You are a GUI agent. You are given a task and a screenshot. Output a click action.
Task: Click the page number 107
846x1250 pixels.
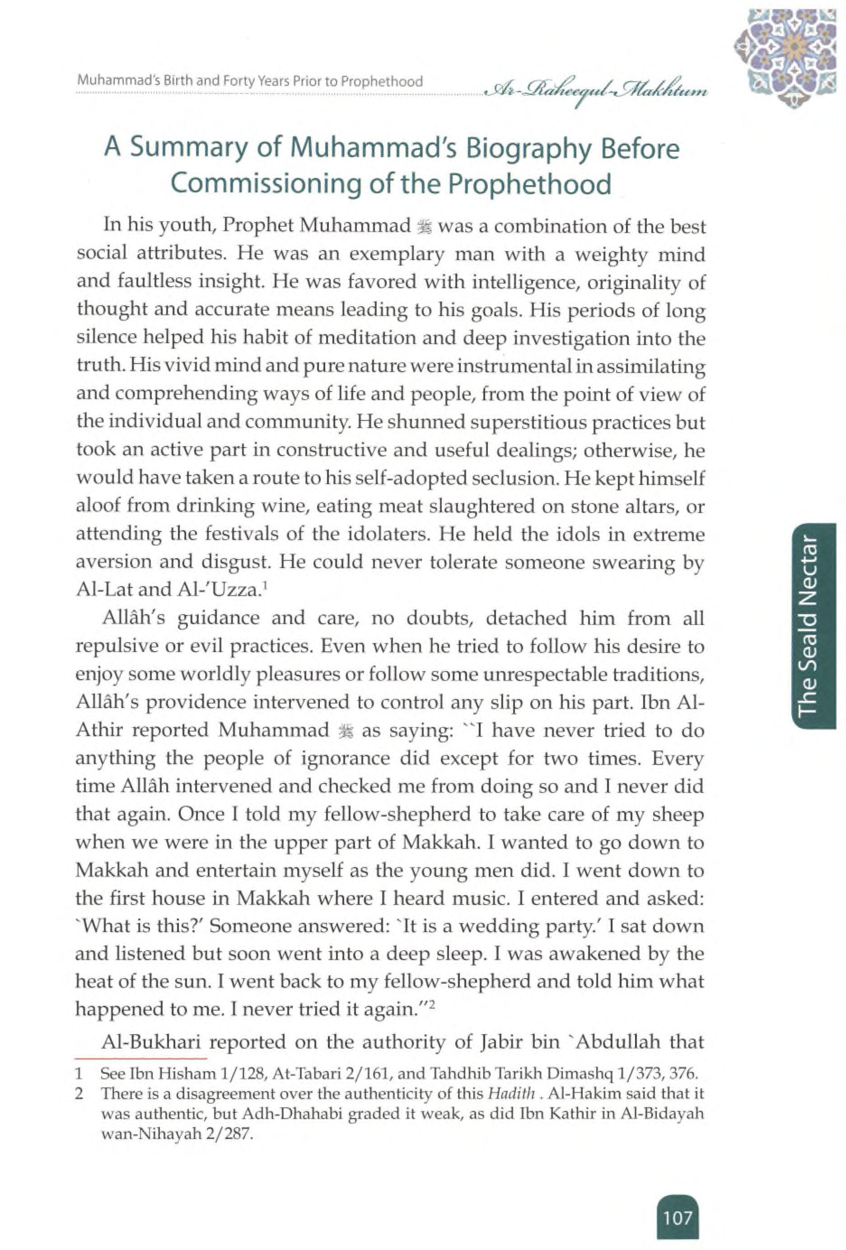[677, 1217]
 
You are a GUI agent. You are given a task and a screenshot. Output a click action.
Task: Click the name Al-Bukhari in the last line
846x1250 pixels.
[151, 1042]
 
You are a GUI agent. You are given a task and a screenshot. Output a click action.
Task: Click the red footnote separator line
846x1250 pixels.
[141, 1059]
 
